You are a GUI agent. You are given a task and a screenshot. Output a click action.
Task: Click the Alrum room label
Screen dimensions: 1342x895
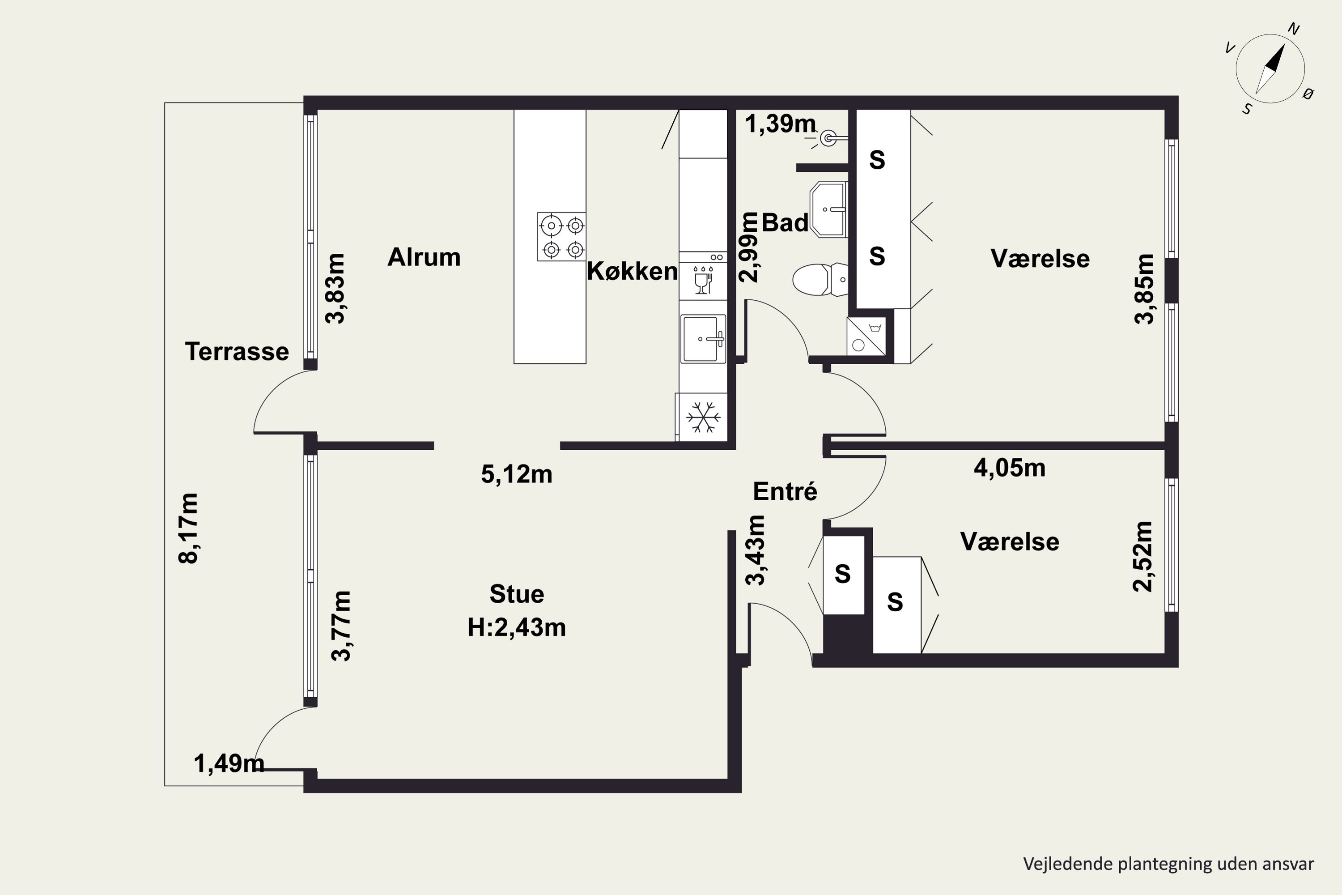424,257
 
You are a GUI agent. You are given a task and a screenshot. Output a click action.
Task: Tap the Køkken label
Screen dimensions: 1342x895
632,271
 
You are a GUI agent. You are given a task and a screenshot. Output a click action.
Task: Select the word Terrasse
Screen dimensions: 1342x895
237,352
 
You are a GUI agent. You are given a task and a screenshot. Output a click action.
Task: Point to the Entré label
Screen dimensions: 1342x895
785,491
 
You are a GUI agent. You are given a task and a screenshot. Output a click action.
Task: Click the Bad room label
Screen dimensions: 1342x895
785,222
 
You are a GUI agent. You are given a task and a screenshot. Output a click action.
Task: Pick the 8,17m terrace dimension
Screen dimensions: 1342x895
188,528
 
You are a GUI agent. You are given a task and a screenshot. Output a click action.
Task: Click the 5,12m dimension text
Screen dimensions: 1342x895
516,474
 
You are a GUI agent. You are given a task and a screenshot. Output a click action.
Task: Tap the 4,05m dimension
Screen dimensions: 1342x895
1009,468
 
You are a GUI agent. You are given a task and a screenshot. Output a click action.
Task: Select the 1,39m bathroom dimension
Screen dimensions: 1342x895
781,124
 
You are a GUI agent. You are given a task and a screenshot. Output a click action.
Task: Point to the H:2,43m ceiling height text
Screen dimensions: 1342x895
516,628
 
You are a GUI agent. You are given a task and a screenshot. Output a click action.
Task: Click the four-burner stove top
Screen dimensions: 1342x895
561,237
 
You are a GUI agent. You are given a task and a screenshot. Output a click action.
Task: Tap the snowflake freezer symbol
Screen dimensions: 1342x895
703,417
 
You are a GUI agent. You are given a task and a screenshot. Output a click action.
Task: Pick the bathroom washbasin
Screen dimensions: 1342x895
828,209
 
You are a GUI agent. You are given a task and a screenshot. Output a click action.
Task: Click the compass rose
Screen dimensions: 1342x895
1270,69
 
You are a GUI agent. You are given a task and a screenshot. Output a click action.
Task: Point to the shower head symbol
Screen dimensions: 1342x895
828,138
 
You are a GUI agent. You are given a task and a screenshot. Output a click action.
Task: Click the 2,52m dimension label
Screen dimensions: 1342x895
1143,557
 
